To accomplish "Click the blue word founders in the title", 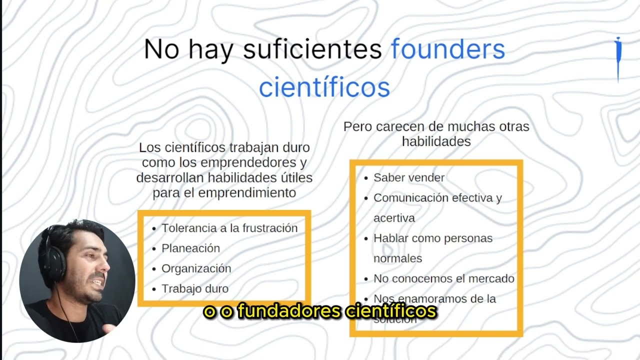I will (x=448, y=49).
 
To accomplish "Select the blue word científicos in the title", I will (x=324, y=87).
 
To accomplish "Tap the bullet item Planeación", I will (x=190, y=248).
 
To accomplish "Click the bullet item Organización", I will (x=196, y=268).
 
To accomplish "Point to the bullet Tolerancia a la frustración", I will (x=229, y=228).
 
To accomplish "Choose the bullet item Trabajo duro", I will (x=194, y=288).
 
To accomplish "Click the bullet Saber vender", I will (x=408, y=177).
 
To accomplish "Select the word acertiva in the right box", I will (x=394, y=218).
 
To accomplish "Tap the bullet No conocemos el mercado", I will (x=443, y=278).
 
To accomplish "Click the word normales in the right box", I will (x=397, y=258).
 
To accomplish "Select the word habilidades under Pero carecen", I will (x=436, y=141).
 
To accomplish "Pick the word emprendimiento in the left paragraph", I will (x=247, y=192).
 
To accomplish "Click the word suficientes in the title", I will (x=312, y=49).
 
